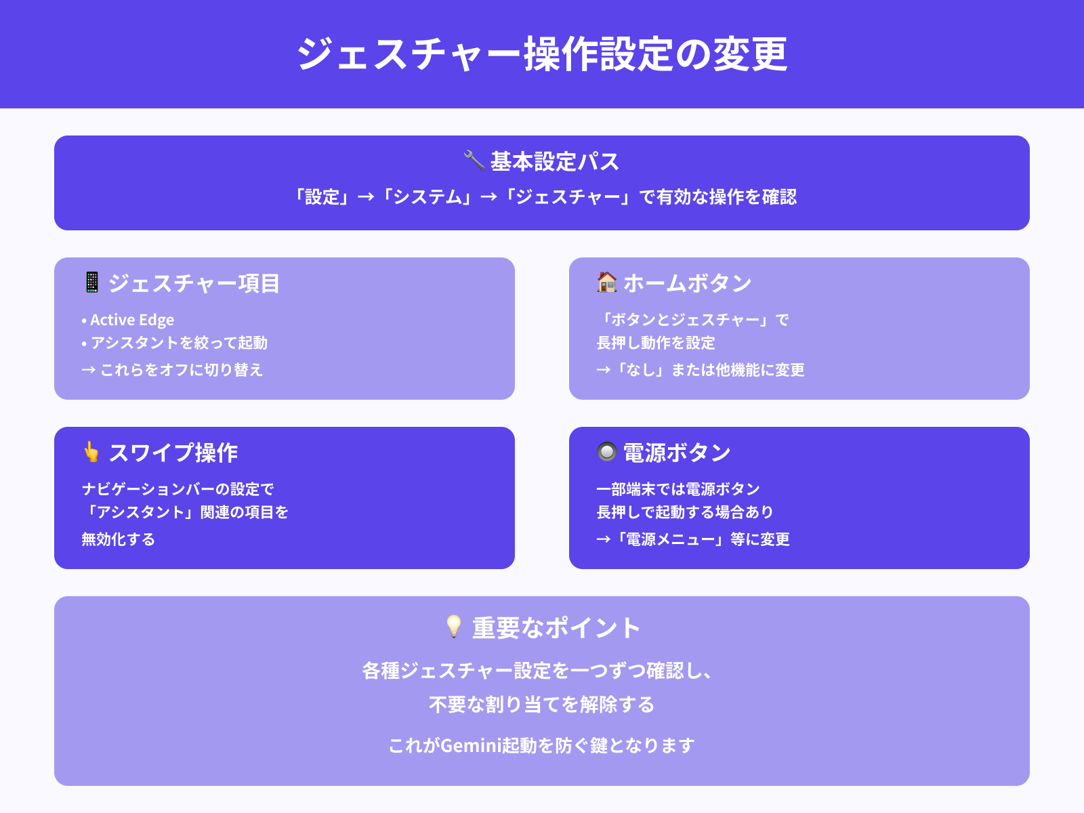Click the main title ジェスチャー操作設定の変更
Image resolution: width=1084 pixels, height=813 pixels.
(542, 54)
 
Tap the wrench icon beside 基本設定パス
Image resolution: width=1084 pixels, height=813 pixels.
(474, 161)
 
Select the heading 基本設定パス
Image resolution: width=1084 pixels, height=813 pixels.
(554, 162)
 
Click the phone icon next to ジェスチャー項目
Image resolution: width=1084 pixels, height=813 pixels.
(92, 282)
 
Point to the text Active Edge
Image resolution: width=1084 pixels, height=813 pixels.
(132, 320)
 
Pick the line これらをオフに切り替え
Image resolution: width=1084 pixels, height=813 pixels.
(181, 370)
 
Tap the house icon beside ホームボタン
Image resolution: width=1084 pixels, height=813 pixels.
(607, 282)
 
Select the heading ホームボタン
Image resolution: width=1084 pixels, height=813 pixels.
(687, 283)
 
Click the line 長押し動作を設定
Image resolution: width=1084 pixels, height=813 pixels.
(655, 343)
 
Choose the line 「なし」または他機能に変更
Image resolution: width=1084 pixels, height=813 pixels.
(709, 370)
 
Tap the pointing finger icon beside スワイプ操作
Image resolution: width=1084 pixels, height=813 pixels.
(91, 452)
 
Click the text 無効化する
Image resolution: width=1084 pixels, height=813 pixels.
(119, 539)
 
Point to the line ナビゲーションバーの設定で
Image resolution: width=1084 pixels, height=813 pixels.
(178, 489)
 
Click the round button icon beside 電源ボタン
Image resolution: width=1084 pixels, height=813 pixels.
(607, 451)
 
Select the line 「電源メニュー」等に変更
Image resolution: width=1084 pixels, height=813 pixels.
(701, 539)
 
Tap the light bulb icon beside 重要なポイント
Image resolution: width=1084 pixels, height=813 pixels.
(454, 627)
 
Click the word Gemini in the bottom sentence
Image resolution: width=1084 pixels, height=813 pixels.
(470, 745)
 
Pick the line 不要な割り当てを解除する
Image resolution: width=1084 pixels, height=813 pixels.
(542, 705)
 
